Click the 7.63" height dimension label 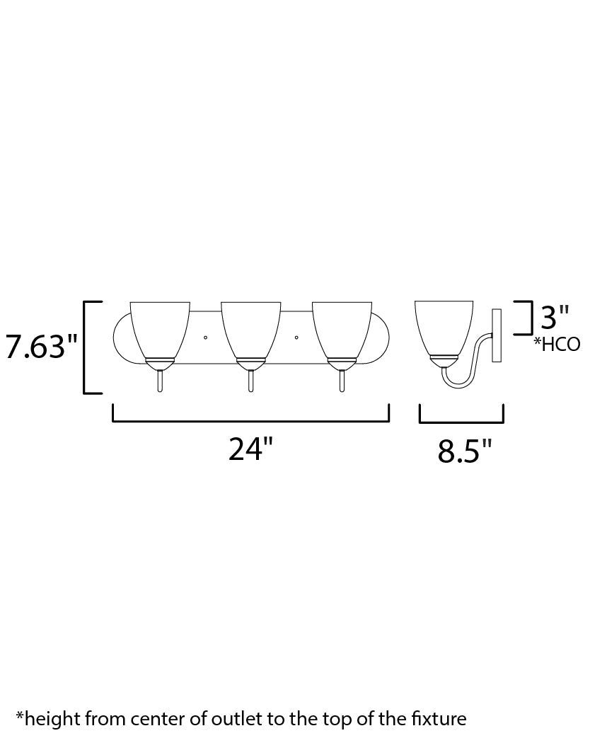point(41,347)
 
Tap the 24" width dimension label point(250,449)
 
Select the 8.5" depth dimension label point(464,451)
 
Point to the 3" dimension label point(555,318)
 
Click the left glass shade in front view point(161,328)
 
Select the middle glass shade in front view point(251,328)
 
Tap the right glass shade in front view point(342,328)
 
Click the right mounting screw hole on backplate point(296,337)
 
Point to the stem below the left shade point(161,380)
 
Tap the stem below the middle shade point(251,380)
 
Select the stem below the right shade point(342,380)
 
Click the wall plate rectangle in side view point(496,335)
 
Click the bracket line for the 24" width point(250,422)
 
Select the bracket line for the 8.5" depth point(461,422)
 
